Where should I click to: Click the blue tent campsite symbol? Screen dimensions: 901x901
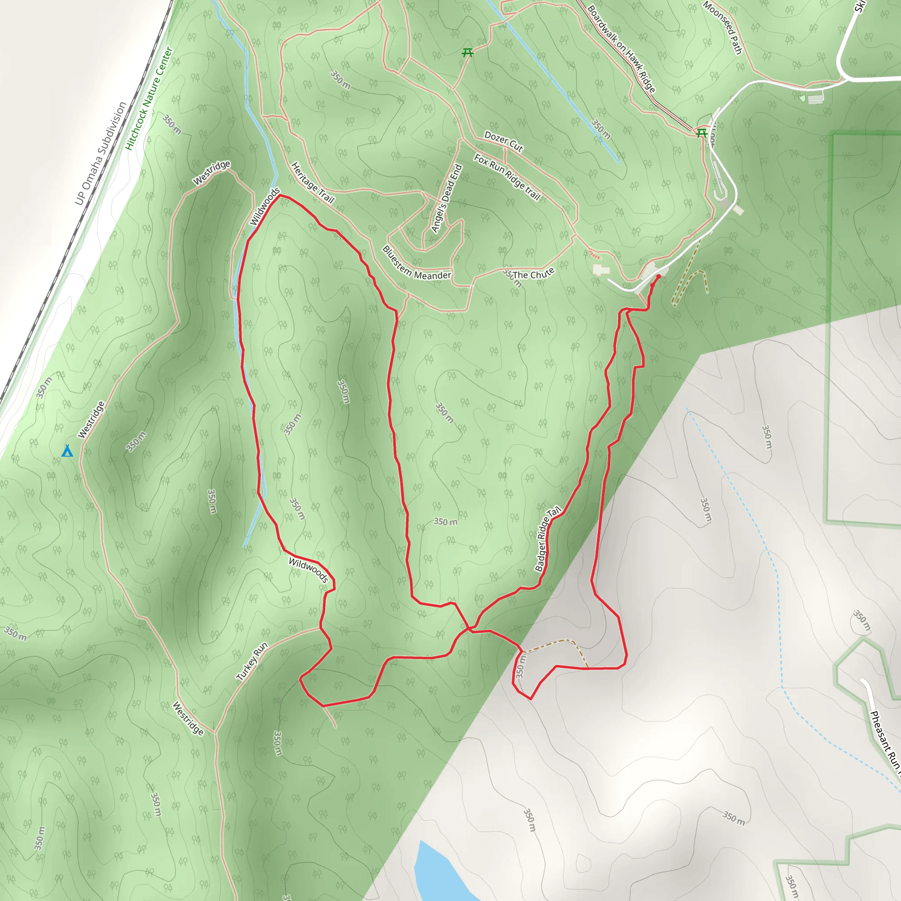pyautogui.click(x=68, y=450)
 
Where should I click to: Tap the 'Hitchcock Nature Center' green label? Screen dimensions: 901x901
pyautogui.click(x=149, y=99)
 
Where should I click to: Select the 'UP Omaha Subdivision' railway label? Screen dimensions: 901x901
pyautogui.click(x=100, y=154)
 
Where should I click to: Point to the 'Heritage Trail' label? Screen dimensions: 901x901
pyautogui.click(x=312, y=183)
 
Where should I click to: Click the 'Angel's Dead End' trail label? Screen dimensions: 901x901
pyautogui.click(x=446, y=199)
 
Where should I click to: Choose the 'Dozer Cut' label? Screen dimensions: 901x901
pyautogui.click(x=504, y=141)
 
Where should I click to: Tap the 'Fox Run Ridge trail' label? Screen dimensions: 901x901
pyautogui.click(x=507, y=177)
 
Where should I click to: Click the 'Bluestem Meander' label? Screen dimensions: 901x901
pyautogui.click(x=416, y=264)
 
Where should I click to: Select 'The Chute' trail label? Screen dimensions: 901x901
pyautogui.click(x=533, y=274)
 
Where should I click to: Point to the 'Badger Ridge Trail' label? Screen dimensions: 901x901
pyautogui.click(x=547, y=539)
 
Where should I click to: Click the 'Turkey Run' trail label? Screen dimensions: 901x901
pyautogui.click(x=252, y=662)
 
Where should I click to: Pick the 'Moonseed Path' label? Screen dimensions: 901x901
pyautogui.click(x=722, y=28)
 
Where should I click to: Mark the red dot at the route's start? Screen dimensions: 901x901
pyautogui.click(x=659, y=277)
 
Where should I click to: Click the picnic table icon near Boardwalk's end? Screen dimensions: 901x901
pyautogui.click(x=701, y=134)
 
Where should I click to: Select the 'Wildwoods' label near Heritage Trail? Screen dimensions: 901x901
pyautogui.click(x=265, y=207)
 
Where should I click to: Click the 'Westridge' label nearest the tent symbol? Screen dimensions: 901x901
pyautogui.click(x=92, y=420)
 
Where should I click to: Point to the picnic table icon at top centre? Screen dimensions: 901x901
pyautogui.click(x=467, y=53)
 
